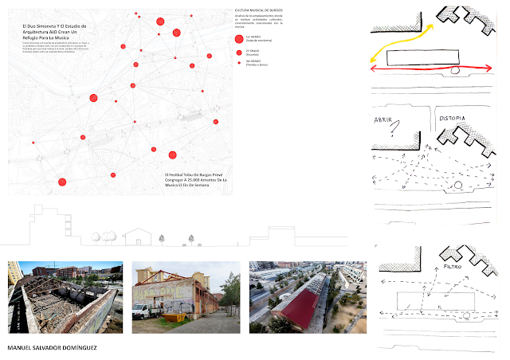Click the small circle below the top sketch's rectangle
click(454, 70)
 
